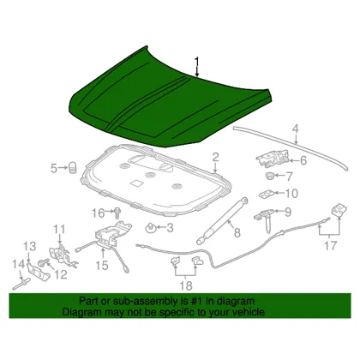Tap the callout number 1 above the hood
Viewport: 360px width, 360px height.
point(197,63)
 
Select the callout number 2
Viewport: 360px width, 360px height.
point(215,158)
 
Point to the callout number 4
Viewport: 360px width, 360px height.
point(296,129)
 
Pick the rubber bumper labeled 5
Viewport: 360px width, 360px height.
point(73,167)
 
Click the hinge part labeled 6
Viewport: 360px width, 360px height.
point(273,159)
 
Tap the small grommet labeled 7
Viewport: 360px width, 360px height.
point(269,176)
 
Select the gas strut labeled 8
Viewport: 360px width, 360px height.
point(222,220)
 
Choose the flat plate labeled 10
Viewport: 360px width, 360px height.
point(267,195)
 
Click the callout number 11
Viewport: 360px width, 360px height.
point(60,230)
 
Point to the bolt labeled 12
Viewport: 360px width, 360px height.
point(44,262)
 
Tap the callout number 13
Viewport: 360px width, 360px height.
point(29,246)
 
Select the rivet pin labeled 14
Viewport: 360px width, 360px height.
point(21,285)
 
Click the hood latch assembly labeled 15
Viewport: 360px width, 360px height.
point(111,235)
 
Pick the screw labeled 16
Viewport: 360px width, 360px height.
point(117,213)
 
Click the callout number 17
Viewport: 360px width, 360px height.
point(330,246)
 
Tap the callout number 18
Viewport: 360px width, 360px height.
point(186,285)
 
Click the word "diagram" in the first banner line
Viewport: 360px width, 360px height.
point(236,301)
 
